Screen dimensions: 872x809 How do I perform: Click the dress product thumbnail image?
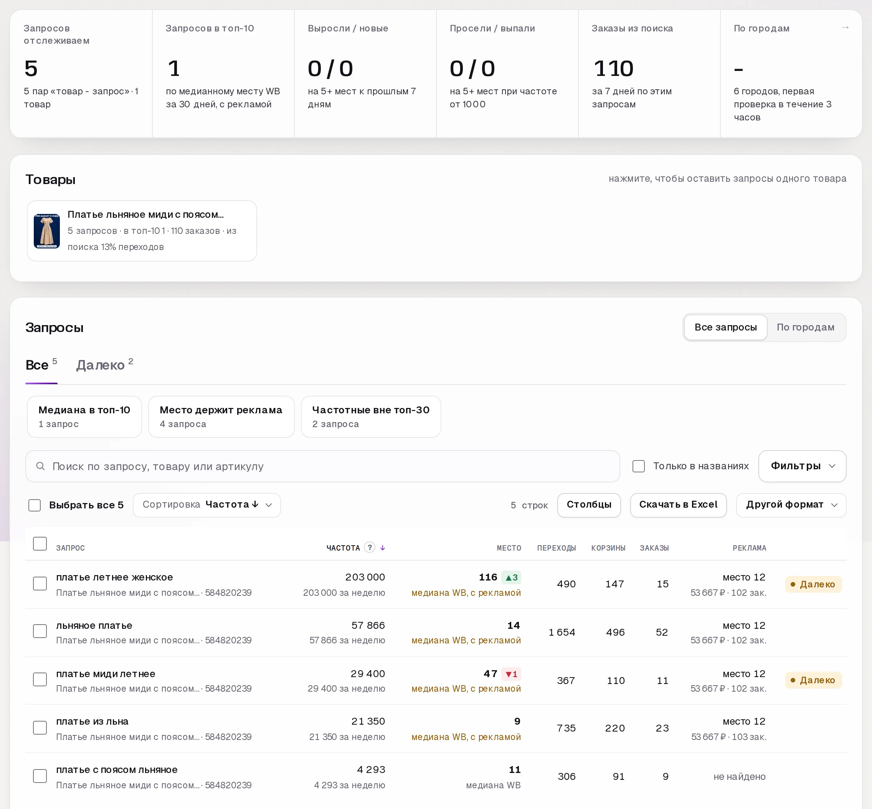[47, 231]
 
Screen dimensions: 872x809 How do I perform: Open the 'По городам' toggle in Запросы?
[805, 327]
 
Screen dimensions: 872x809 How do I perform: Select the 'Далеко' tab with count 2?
[105, 365]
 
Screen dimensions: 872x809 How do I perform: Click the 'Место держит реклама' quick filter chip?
[221, 416]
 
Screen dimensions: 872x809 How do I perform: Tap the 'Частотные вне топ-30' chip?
[371, 416]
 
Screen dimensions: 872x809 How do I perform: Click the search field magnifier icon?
[40, 466]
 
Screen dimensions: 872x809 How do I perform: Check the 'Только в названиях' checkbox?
[638, 466]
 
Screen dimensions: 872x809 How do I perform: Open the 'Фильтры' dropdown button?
[802, 466]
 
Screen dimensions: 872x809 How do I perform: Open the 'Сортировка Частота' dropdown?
[207, 505]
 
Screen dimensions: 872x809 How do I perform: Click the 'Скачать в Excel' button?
[678, 505]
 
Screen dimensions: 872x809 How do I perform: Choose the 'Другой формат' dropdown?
[791, 505]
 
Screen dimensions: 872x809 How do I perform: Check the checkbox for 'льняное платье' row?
[40, 631]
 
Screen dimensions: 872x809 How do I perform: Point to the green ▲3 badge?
[511, 577]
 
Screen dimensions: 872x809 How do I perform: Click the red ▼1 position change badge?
[511, 674]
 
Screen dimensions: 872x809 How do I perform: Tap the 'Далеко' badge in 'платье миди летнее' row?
[813, 680]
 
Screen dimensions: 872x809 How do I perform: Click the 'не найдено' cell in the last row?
[739, 777]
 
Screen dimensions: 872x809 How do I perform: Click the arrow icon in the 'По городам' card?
[845, 28]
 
